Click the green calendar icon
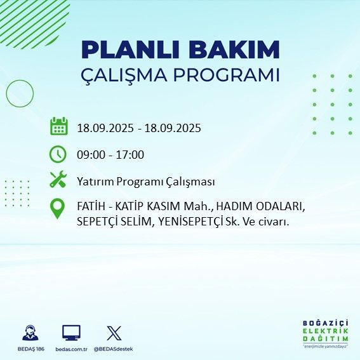tap(58, 126)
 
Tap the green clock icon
tap(58, 154)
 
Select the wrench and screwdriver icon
tap(58, 180)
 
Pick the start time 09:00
tap(90, 154)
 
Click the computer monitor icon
tap(71, 333)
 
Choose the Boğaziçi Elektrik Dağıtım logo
tap(325, 333)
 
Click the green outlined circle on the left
tap(20, 93)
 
